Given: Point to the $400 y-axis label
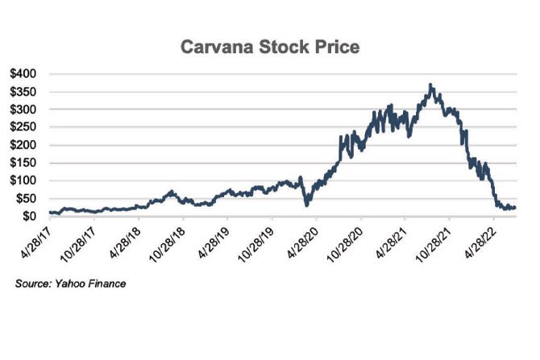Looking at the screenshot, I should tap(26, 73).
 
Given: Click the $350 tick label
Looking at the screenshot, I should tap(26, 91).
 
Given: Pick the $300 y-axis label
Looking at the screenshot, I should tap(26, 109).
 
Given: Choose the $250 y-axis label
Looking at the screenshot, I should tap(26, 126).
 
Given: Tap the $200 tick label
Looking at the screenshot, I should tap(26, 145).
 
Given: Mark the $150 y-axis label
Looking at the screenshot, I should tap(26, 163).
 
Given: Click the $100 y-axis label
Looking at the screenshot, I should tap(26, 180).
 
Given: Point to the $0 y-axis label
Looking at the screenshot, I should tap(31, 216).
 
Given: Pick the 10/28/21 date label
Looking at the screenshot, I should tap(434, 242).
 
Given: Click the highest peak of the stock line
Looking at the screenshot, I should tap(431, 85).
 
